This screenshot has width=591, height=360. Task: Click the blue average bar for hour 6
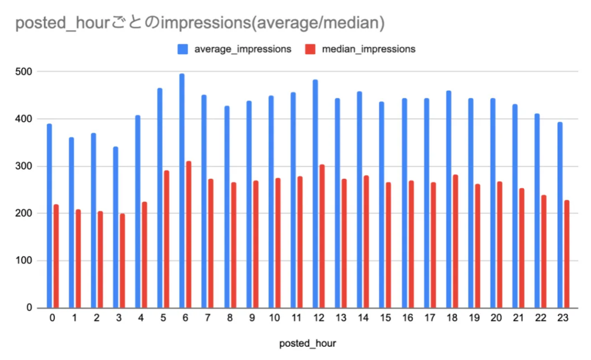click(x=182, y=191)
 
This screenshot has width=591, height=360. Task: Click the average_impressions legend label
click(x=242, y=49)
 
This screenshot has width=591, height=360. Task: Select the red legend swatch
click(x=309, y=49)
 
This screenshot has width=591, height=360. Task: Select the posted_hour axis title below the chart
click(x=307, y=343)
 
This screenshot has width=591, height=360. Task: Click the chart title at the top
click(x=200, y=24)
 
